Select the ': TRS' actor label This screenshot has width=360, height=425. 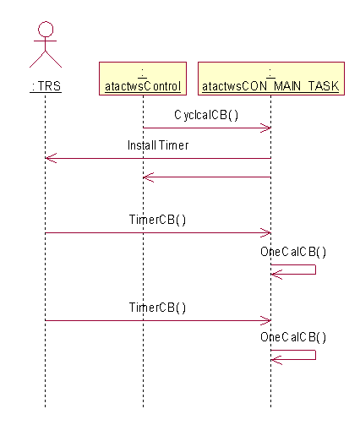(x=46, y=86)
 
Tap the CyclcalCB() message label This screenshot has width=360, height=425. (x=206, y=115)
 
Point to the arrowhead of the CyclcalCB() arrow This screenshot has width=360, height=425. (x=265, y=128)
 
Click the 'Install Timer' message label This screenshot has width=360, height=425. (x=158, y=145)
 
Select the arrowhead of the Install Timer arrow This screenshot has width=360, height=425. (x=51, y=158)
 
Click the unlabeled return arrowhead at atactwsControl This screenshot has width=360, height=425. (x=149, y=177)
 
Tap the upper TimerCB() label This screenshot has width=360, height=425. (x=157, y=220)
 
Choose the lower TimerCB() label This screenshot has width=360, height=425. (x=157, y=308)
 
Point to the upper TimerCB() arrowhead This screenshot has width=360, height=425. (x=265, y=233)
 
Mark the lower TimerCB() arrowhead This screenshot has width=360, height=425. (x=265, y=320)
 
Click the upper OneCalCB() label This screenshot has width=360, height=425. (x=293, y=252)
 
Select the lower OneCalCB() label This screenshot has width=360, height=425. (x=293, y=337)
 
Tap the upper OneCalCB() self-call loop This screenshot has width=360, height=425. (x=315, y=270)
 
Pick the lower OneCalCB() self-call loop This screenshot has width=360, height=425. (x=315, y=355)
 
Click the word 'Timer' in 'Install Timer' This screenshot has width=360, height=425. (x=174, y=145)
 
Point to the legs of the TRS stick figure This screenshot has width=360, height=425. (x=46, y=59)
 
